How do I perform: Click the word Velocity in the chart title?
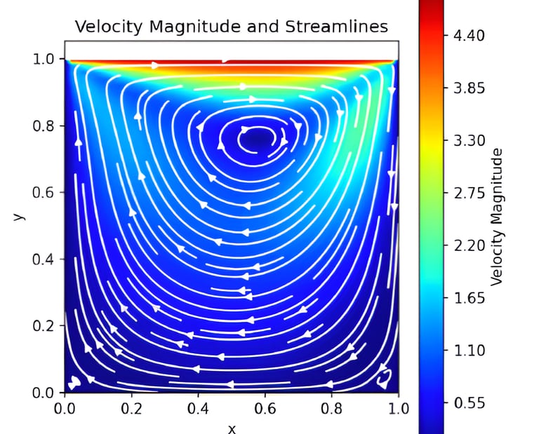(102, 27)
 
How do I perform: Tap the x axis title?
(231, 426)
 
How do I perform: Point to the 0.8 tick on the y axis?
(46, 126)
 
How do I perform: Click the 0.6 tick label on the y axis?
(46, 193)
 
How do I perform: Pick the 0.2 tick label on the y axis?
(46, 326)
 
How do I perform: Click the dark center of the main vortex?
(255, 137)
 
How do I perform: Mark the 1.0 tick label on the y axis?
(46, 60)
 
